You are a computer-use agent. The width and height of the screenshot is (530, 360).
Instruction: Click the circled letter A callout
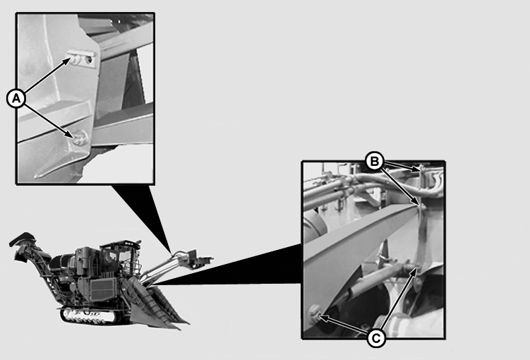(16, 98)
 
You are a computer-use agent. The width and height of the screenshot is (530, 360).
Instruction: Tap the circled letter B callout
(375, 162)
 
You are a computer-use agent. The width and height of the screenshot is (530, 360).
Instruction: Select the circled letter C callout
(376, 337)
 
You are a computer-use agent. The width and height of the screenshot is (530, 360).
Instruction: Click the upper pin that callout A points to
(75, 59)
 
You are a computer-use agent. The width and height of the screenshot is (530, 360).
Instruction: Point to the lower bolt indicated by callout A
(80, 138)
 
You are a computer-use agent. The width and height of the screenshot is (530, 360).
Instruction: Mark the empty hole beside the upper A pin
(89, 60)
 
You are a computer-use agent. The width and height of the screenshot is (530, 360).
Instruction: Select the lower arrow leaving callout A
(49, 121)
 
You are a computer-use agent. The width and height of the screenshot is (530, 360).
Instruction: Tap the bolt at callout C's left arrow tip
(314, 313)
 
